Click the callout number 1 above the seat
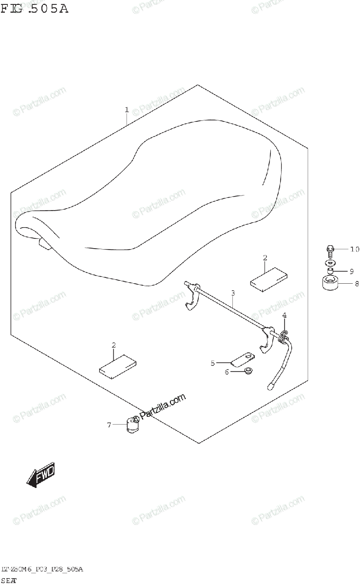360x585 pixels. click(x=127, y=110)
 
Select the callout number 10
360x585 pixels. click(x=354, y=249)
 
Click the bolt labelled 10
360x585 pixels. click(x=329, y=252)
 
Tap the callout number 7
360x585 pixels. click(x=110, y=425)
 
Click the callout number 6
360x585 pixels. click(x=227, y=372)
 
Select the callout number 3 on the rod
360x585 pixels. click(x=233, y=293)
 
